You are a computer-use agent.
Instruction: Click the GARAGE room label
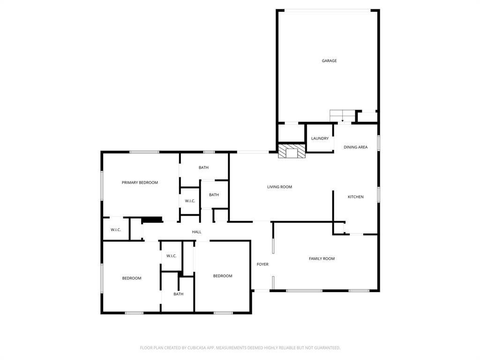[329, 61]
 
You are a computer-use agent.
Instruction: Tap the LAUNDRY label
[320, 139]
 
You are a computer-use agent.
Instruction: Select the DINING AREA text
[355, 147]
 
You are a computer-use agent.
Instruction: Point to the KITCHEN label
[355, 197]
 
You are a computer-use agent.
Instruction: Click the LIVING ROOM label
[279, 187]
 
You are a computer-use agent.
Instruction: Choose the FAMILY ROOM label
[322, 259]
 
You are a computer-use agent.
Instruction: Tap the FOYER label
[262, 264]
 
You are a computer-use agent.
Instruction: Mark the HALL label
[197, 232]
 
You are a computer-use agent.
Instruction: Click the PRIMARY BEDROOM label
[140, 183]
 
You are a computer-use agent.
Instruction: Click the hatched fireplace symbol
[292, 151]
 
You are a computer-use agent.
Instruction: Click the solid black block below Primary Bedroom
[151, 219]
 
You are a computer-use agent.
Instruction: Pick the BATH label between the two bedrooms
[178, 294]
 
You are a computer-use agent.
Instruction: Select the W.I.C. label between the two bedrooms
[171, 256]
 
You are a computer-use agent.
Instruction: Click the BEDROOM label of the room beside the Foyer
[223, 276]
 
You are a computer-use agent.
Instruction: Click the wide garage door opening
[328, 10]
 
